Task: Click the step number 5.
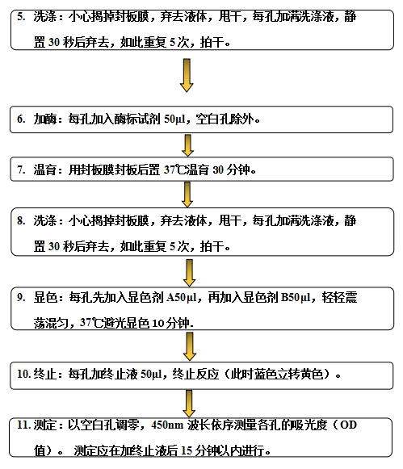pos(21,16)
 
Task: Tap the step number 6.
pos(21,119)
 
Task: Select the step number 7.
pos(21,170)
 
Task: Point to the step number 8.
pos(21,220)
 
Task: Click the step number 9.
pos(21,297)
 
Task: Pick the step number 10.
pos(24,374)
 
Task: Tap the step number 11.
pos(24,425)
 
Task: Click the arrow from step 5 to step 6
pos(187,75)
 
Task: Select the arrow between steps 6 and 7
pos(187,145)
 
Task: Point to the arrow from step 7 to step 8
pos(187,195)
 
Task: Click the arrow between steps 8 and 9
pos(189,273)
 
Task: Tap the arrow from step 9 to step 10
pos(189,346)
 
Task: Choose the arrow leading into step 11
pos(189,403)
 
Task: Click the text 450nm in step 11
pos(167,425)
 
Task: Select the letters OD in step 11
pos(348,425)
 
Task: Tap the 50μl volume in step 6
pos(174,119)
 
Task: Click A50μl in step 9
pos(181,298)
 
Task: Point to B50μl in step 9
pos(296,298)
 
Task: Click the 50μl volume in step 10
pos(151,375)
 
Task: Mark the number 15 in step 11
pos(187,450)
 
